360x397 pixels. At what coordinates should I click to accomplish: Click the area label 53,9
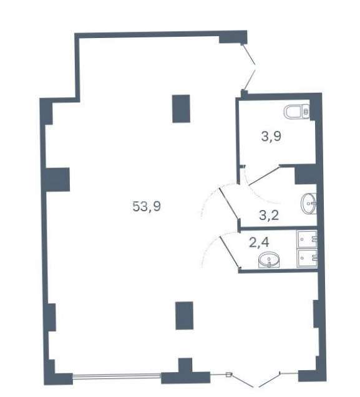click(147, 206)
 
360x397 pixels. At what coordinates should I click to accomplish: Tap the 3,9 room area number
click(271, 136)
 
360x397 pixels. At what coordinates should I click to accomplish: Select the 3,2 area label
click(269, 215)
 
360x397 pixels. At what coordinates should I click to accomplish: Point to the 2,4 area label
click(260, 242)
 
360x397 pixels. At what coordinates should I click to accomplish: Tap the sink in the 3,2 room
click(309, 203)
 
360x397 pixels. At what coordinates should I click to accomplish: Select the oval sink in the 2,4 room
click(269, 260)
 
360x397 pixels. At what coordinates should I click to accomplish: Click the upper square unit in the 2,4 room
click(307, 239)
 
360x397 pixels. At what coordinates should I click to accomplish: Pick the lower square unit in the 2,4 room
click(307, 258)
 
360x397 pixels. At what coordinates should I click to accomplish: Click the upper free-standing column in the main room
click(182, 108)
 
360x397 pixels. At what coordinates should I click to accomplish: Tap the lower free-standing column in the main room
click(184, 315)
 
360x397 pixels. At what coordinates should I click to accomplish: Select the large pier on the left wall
click(57, 179)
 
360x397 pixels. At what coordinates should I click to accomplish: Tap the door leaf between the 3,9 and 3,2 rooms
click(265, 175)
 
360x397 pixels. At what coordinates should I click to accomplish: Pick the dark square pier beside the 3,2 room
click(305, 175)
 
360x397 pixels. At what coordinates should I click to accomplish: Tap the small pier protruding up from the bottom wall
click(185, 365)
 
